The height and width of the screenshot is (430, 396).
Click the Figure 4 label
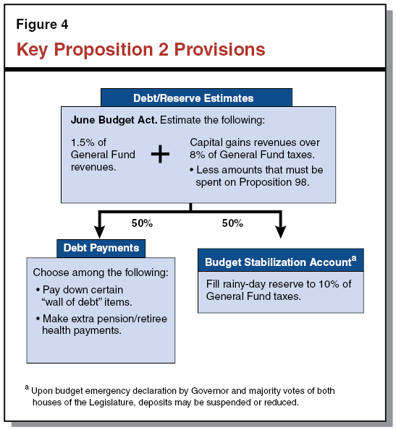42,25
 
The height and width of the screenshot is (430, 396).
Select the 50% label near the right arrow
232,223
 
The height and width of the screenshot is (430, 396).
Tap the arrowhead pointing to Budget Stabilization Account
280,231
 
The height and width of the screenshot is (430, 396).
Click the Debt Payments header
101,249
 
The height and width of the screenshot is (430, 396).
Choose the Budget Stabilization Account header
277,261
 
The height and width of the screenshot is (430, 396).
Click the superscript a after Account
353,257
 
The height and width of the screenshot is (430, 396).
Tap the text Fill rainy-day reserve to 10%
279,284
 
